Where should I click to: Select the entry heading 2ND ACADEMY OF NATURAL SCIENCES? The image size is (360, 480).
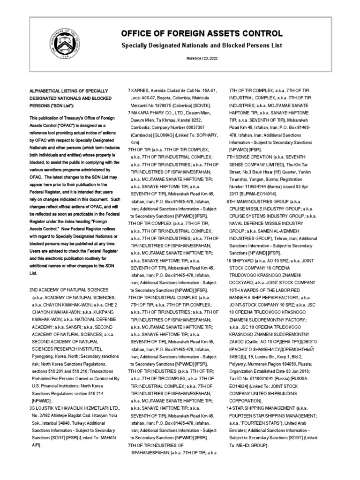click(69, 290)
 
